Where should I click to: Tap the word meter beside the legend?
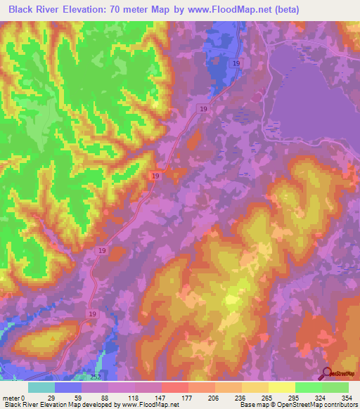pos(11,398)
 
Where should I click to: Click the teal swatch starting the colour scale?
pos(41,387)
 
